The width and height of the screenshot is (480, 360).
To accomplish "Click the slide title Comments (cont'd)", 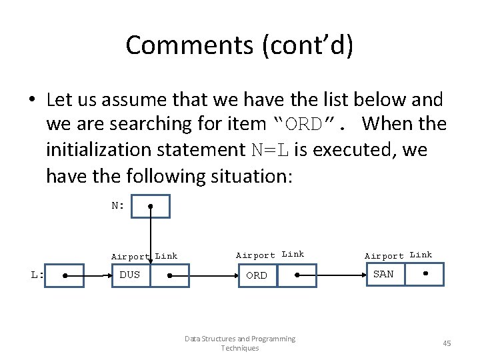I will (239, 45).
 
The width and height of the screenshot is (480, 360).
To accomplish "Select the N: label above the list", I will (118, 205).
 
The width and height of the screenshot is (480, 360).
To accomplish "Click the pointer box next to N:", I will (151, 206).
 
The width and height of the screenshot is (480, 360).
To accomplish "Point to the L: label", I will (37, 275).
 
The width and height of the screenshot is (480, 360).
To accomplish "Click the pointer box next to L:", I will (64, 275).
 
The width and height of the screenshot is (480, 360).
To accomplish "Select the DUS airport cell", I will (130, 275).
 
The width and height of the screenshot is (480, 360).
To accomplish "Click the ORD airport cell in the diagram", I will (257, 275).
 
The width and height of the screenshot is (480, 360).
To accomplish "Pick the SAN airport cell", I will (383, 275).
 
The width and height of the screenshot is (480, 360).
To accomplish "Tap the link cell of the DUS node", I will (169, 275).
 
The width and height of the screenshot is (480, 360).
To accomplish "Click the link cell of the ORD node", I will (297, 275).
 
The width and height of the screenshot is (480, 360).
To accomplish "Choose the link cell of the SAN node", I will (425, 275).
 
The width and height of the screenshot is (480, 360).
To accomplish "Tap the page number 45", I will (447, 343).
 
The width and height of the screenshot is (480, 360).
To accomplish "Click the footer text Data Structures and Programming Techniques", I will (240, 343).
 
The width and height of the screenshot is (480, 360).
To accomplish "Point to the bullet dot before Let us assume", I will (32, 101).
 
